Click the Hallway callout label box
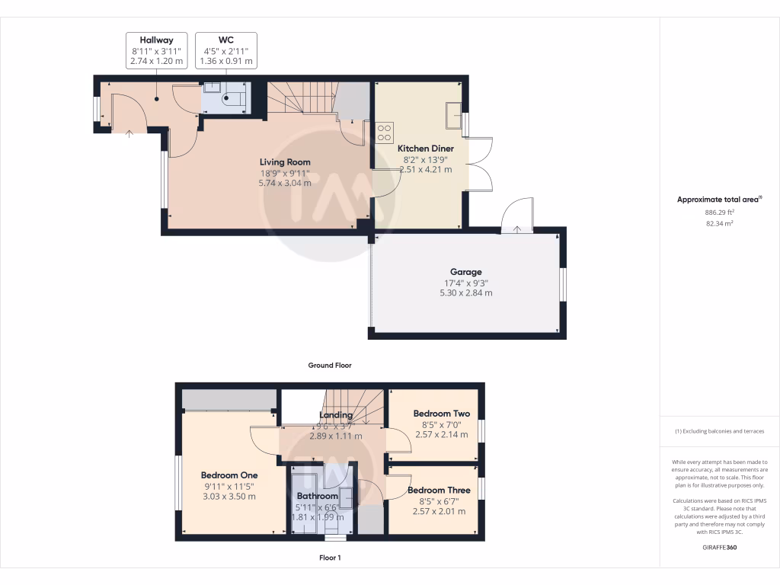click(156, 50)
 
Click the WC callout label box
click(225, 50)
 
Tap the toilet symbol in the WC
click(235, 97)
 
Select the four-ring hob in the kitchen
click(384, 133)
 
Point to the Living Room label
click(285, 162)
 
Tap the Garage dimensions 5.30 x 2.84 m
click(465, 292)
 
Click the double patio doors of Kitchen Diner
click(480, 164)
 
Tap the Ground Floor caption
click(329, 366)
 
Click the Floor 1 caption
click(329, 558)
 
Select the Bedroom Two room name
click(442, 414)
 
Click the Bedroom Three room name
click(439, 490)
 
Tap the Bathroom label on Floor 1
click(318, 496)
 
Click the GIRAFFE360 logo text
click(719, 547)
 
